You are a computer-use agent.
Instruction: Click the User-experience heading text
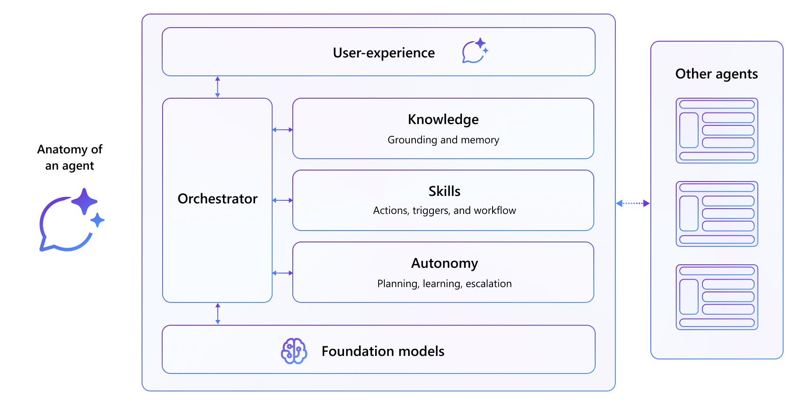(x=383, y=53)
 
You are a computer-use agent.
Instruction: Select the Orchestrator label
(x=217, y=199)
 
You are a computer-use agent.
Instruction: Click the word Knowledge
(x=443, y=120)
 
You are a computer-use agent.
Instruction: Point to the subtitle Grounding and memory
(x=443, y=140)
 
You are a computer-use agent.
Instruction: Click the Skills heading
(x=444, y=192)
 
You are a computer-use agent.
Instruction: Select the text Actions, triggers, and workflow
(x=444, y=211)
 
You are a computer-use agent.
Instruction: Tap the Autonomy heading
(x=444, y=263)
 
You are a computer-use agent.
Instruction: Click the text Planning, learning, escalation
(x=444, y=284)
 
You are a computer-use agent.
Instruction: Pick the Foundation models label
(x=383, y=352)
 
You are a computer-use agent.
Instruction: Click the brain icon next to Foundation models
(x=294, y=351)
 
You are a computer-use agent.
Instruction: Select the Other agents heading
(x=717, y=74)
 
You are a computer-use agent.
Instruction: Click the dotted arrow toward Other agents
(x=633, y=203)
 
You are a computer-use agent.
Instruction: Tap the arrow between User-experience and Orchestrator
(x=217, y=87)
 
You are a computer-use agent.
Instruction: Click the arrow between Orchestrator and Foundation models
(x=218, y=314)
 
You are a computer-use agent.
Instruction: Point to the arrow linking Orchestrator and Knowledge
(x=282, y=130)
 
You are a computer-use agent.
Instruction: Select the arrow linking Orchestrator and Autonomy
(x=282, y=273)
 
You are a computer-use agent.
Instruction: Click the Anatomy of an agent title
(x=70, y=157)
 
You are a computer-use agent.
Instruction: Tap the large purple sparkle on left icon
(x=84, y=201)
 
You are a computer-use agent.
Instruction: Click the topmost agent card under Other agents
(x=717, y=131)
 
